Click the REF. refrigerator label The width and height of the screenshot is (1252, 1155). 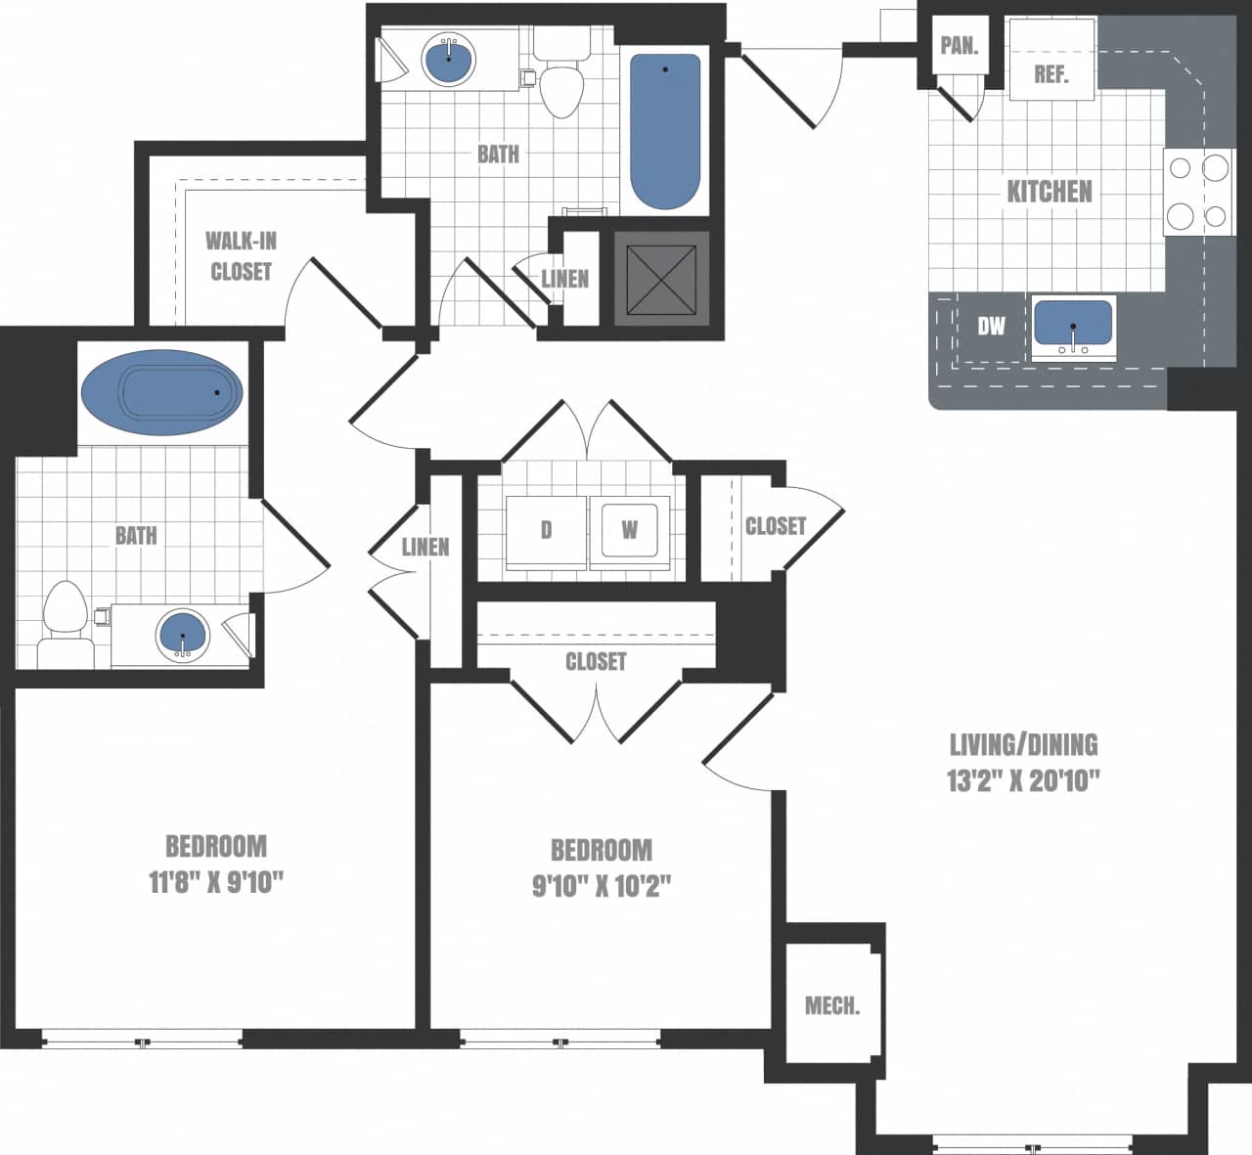click(1051, 74)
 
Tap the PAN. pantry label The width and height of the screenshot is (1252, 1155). click(960, 46)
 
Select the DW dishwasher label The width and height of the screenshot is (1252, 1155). click(991, 326)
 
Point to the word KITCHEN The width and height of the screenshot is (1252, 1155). click(1050, 191)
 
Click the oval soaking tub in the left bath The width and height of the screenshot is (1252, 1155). click(161, 391)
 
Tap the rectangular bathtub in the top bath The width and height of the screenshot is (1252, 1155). click(665, 131)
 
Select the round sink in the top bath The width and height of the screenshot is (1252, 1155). click(449, 58)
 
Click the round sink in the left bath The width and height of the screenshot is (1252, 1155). click(183, 635)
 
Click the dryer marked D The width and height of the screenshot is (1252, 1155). click(546, 530)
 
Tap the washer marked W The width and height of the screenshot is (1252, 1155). click(630, 530)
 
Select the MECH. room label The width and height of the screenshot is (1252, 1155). click(832, 1005)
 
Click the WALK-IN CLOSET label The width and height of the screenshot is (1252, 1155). click(240, 256)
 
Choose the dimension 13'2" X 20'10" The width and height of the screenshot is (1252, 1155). click(1024, 781)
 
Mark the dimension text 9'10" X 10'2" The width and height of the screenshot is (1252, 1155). click(601, 886)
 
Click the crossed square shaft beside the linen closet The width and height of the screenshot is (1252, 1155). click(661, 278)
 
